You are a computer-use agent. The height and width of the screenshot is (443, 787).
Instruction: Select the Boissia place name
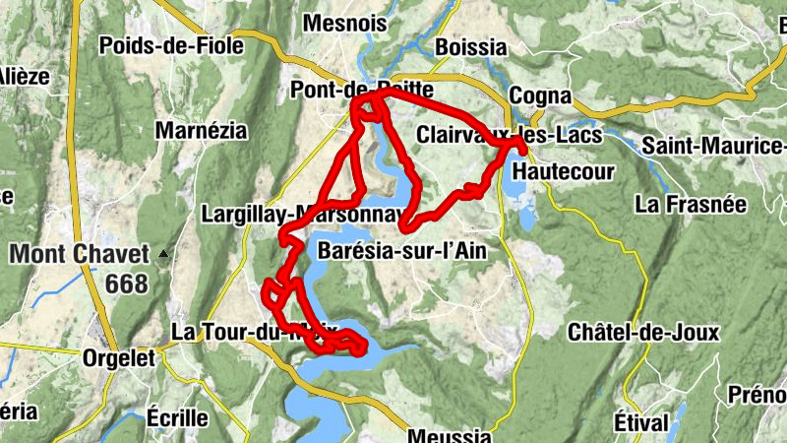pyautogui.click(x=470, y=47)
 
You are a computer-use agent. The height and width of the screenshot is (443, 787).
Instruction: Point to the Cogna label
pyautogui.click(x=540, y=96)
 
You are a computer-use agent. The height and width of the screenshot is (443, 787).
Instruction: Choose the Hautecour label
pyautogui.click(x=564, y=172)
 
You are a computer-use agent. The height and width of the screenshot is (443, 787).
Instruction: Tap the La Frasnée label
pyautogui.click(x=692, y=205)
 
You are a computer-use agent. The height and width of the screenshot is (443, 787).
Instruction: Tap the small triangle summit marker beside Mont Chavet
pyautogui.click(x=163, y=254)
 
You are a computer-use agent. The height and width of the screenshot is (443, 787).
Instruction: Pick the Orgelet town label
pyautogui.click(x=119, y=358)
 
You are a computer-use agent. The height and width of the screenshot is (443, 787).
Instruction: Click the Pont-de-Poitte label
pyautogui.click(x=362, y=91)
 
